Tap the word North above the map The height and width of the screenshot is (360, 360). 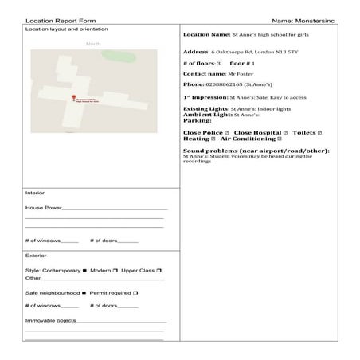[x=94, y=44]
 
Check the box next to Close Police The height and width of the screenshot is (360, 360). [x=228, y=131]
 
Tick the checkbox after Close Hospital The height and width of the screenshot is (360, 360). [x=284, y=131]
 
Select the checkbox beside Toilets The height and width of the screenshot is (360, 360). [x=319, y=131]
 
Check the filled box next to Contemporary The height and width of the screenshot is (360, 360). [x=85, y=271]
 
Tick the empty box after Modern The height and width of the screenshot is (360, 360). [x=115, y=271]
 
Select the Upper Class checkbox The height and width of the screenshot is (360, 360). [x=159, y=271]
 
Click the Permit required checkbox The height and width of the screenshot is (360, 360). [x=136, y=293]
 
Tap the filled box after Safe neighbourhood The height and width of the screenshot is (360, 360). [x=84, y=293]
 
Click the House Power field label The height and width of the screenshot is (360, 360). [x=44, y=207]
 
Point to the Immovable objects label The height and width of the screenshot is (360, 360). [x=52, y=320]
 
